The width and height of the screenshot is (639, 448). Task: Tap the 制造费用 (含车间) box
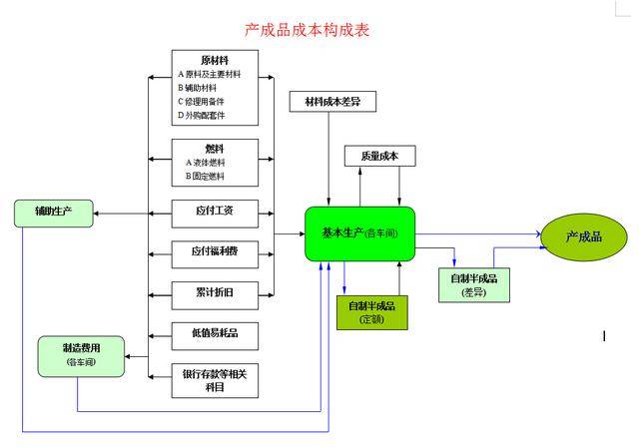tap(82, 356)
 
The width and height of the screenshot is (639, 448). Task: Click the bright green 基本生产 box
tap(359, 233)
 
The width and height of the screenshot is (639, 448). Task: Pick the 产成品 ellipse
tap(584, 236)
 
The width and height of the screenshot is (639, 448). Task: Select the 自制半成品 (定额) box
tap(372, 312)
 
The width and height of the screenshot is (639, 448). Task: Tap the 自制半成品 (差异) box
tap(473, 284)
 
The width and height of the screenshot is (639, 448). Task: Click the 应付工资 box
tap(215, 214)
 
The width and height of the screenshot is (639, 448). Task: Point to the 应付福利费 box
tap(215, 252)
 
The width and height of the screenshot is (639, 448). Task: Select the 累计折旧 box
tap(215, 293)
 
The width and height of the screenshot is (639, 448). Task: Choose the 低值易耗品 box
tap(215, 332)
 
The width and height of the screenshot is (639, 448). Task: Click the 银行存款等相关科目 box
tap(215, 379)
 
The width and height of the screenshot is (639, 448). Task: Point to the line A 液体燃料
tap(206, 162)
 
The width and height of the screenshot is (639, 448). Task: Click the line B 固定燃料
tap(206, 176)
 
